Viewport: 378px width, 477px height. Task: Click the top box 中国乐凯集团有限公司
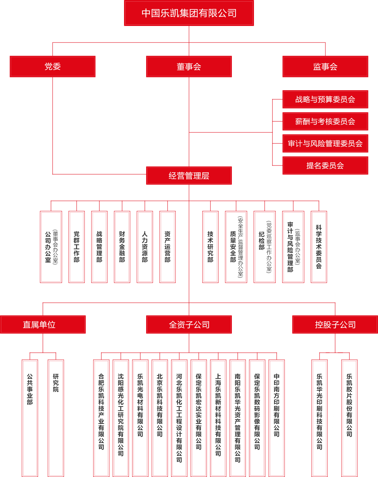pyautogui.click(x=189, y=13)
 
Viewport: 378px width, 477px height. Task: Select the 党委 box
pyautogui.click(x=53, y=67)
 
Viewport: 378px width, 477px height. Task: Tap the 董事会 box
pyautogui.click(x=189, y=67)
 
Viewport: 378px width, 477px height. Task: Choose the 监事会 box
pyautogui.click(x=325, y=67)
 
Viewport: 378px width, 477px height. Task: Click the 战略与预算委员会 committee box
pyautogui.click(x=325, y=99)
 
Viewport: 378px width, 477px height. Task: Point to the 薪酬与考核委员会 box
pyautogui.click(x=325, y=121)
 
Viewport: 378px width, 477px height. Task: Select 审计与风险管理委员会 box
pyautogui.click(x=325, y=143)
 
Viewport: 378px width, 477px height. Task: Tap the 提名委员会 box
pyautogui.click(x=325, y=165)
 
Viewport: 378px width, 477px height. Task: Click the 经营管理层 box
pyautogui.click(x=189, y=176)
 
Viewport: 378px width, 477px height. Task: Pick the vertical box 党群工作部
pyautogui.click(x=77, y=247)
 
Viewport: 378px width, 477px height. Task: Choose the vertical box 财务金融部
pyautogui.click(x=122, y=247)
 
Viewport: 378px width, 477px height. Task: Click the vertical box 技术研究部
pyautogui.click(x=210, y=247)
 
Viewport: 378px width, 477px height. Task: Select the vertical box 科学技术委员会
pyautogui.click(x=319, y=247)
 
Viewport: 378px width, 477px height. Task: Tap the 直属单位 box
pyautogui.click(x=43, y=324)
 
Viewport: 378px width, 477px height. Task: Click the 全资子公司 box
pyautogui.click(x=189, y=324)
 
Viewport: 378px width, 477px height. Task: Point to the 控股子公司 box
pyautogui.click(x=335, y=324)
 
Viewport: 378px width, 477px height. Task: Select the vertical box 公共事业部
pyautogui.click(x=30, y=418)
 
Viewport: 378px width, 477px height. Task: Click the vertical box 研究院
pyautogui.click(x=56, y=418)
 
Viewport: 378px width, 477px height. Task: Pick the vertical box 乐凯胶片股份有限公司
pyautogui.click(x=349, y=418)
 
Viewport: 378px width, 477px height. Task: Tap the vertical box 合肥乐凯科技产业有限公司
pyautogui.click(x=101, y=418)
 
